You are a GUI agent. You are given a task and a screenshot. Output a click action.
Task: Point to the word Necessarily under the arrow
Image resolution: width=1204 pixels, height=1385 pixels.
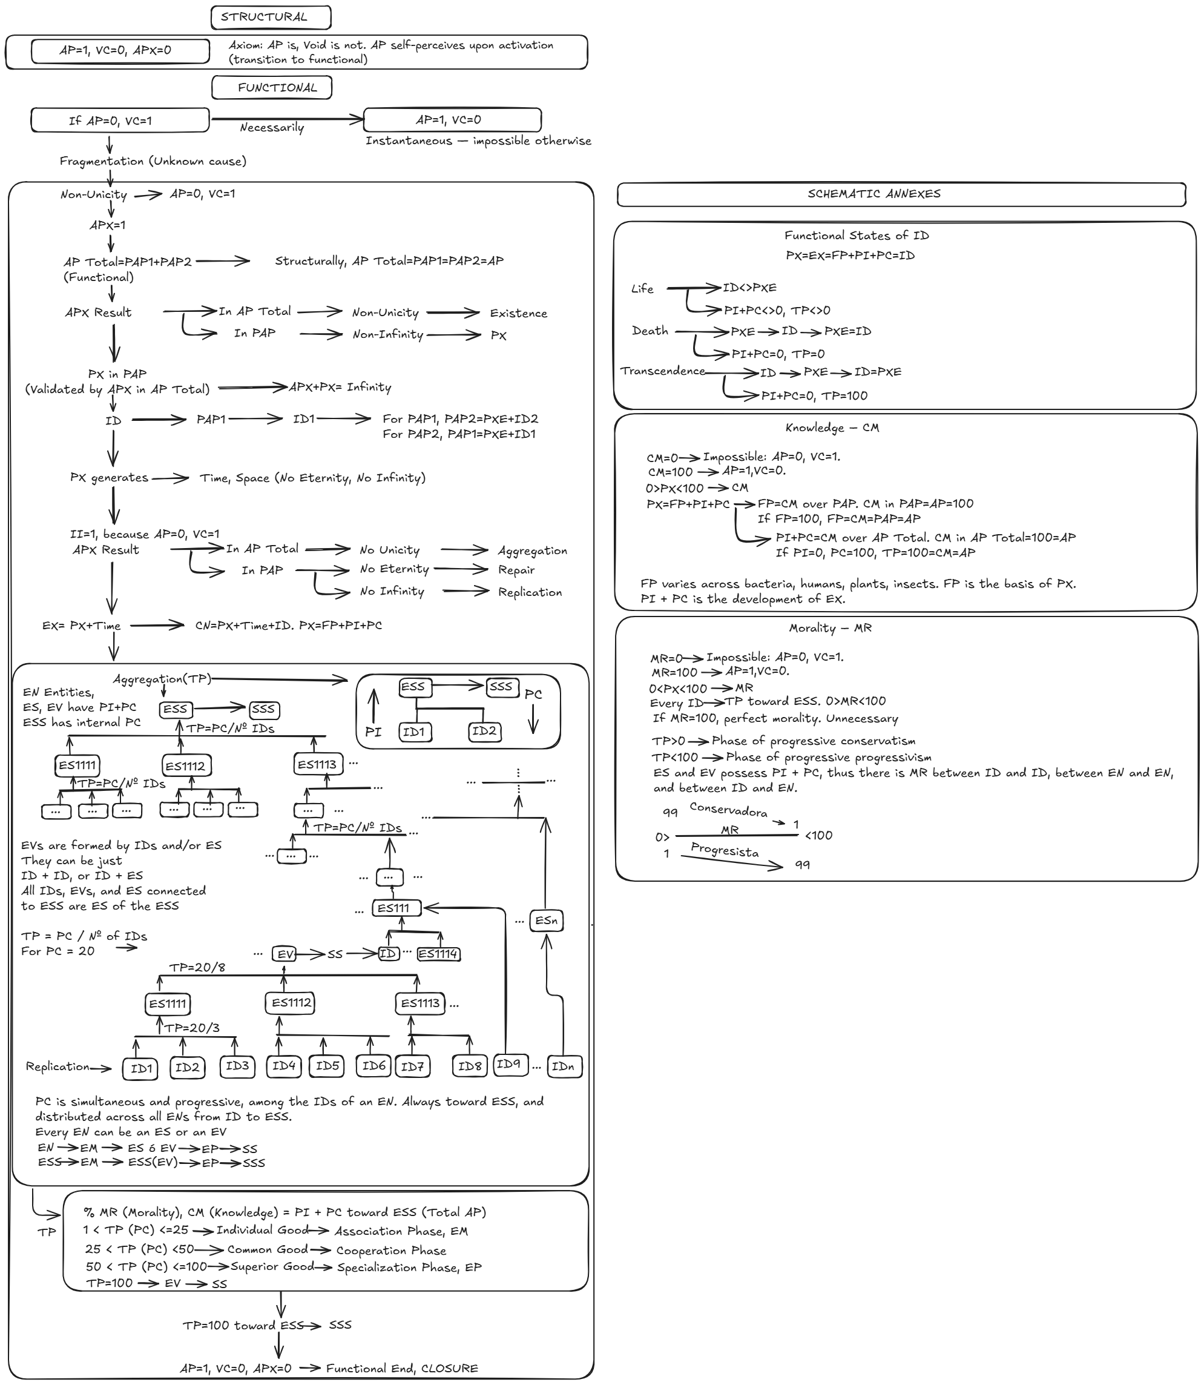(271, 128)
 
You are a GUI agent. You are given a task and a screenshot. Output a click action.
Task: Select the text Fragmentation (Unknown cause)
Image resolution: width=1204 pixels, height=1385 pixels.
(153, 161)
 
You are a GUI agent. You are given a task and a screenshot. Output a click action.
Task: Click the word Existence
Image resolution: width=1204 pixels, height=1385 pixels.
(518, 313)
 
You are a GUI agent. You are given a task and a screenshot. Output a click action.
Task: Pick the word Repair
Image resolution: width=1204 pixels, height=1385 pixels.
(516, 570)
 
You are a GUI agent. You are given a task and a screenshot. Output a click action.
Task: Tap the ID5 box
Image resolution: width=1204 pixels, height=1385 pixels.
(327, 1066)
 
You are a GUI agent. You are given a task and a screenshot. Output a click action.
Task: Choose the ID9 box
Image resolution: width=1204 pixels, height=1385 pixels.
(508, 1064)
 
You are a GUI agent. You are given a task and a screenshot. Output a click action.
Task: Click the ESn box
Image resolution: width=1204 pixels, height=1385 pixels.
(546, 920)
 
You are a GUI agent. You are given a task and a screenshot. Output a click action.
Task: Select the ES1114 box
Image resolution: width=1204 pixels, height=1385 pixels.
(438, 954)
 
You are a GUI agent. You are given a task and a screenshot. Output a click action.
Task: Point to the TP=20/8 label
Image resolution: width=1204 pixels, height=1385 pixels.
(197, 968)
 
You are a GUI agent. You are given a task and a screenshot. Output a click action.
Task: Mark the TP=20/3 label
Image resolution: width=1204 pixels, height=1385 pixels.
(191, 1028)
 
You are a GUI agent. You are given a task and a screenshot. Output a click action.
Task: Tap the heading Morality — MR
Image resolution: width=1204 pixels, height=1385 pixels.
(830, 629)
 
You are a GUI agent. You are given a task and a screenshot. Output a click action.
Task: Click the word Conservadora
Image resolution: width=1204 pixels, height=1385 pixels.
(728, 810)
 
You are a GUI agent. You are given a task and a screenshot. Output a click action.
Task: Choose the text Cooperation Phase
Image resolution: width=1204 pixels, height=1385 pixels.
(391, 1251)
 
